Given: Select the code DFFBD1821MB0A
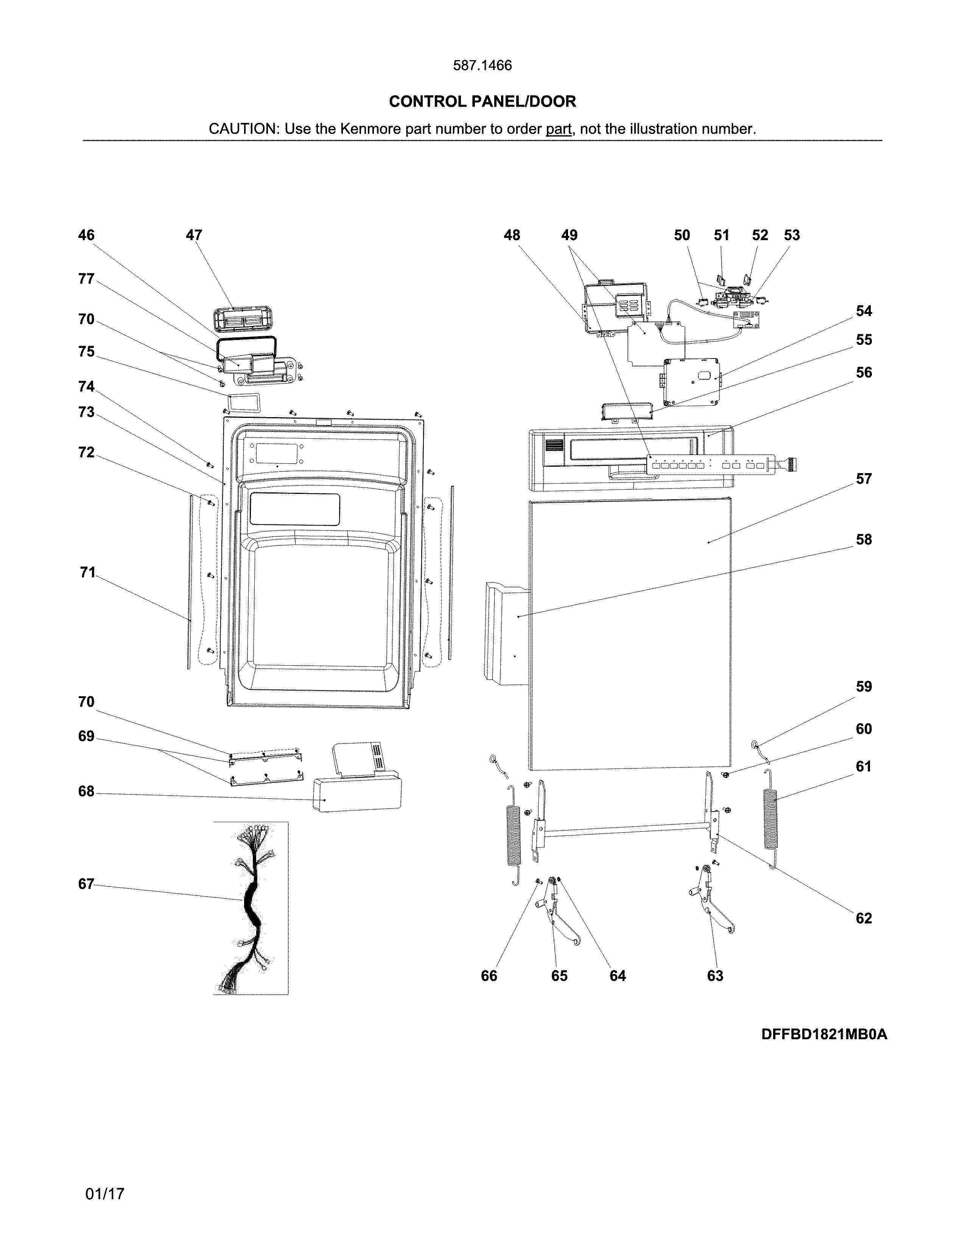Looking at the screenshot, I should (824, 1034).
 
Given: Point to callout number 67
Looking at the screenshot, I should (86, 884).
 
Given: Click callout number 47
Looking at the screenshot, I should (194, 236).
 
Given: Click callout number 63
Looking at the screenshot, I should (715, 976).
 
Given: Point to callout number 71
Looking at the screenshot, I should (87, 573).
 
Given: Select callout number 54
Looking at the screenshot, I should (863, 311).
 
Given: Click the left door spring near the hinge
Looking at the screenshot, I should (514, 834).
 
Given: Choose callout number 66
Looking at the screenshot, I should (489, 976).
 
